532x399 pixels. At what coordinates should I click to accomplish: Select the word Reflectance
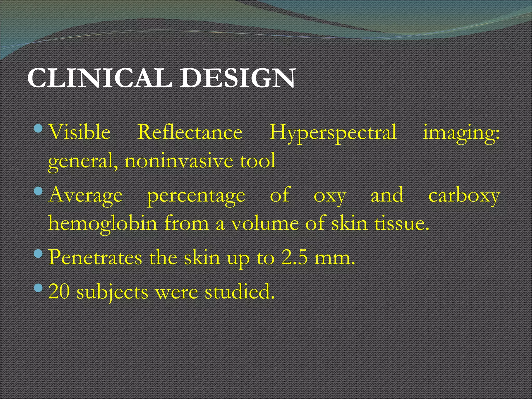point(190,132)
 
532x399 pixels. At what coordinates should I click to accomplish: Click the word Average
point(85,195)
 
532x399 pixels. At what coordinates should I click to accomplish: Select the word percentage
point(196,195)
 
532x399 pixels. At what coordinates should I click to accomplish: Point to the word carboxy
point(464,195)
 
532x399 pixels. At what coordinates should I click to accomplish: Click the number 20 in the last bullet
point(59,291)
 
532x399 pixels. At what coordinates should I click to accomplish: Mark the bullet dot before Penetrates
point(38,253)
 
